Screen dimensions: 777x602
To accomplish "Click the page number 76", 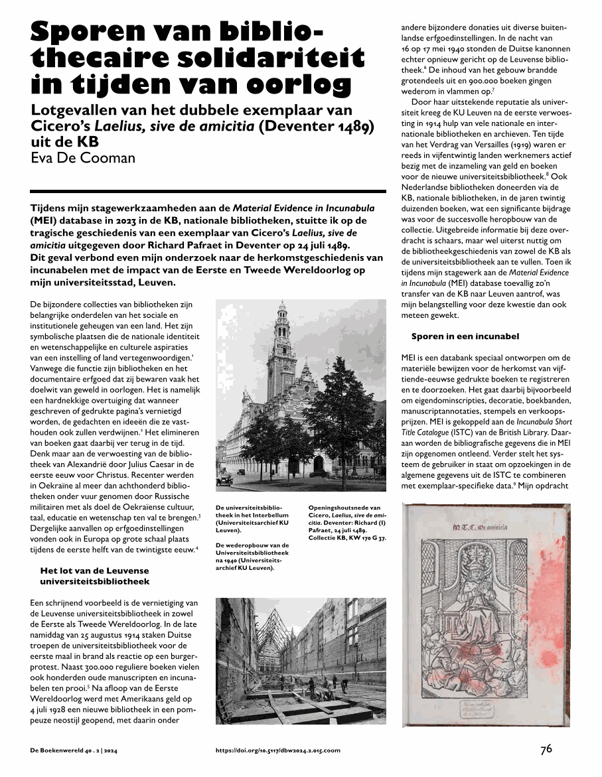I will point(546,749).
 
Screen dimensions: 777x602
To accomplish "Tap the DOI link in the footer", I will point(277,750).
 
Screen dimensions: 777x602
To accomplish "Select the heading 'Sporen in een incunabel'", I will point(465,336).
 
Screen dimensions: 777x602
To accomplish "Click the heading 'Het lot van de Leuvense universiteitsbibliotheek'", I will point(95,576).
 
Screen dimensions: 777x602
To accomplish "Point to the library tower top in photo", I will point(282,312).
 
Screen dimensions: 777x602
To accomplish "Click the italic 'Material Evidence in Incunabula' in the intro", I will point(303,208).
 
